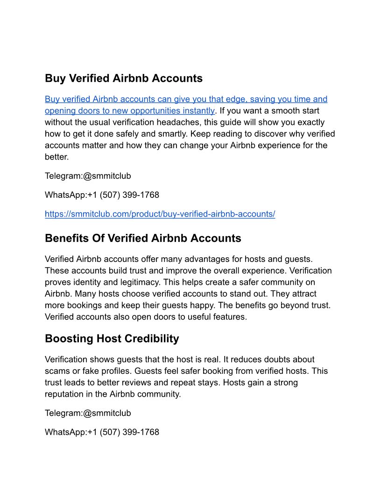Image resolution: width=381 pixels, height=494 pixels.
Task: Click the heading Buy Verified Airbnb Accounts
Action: pyautogui.click(x=124, y=78)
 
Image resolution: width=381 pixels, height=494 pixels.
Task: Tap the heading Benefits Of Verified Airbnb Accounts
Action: pyautogui.click(x=143, y=238)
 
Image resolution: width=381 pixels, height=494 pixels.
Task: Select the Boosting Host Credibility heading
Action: pyautogui.click(x=112, y=338)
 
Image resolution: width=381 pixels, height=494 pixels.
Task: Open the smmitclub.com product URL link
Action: pyautogui.click(x=160, y=214)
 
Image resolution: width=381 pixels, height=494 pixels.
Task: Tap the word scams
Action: pyautogui.click(x=57, y=371)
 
